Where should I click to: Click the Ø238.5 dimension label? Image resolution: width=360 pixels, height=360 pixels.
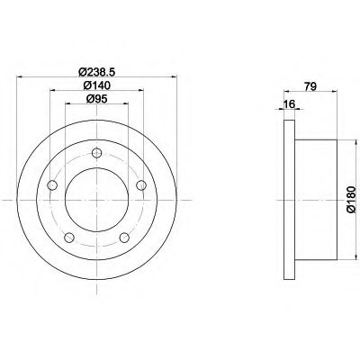97,72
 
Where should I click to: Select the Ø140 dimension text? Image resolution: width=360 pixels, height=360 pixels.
97,85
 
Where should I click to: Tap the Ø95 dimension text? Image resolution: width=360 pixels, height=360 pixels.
96,99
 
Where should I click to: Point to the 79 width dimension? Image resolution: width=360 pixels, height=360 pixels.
310,86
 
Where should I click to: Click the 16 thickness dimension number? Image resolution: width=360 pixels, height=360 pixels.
290,104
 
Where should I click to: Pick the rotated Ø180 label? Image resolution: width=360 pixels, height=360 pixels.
351,200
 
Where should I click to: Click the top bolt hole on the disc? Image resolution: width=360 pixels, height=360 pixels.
96,153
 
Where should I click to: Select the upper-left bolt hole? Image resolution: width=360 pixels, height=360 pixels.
52,185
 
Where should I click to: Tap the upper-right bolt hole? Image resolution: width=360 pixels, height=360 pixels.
141,185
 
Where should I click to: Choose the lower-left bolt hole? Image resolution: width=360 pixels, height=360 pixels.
69,238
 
